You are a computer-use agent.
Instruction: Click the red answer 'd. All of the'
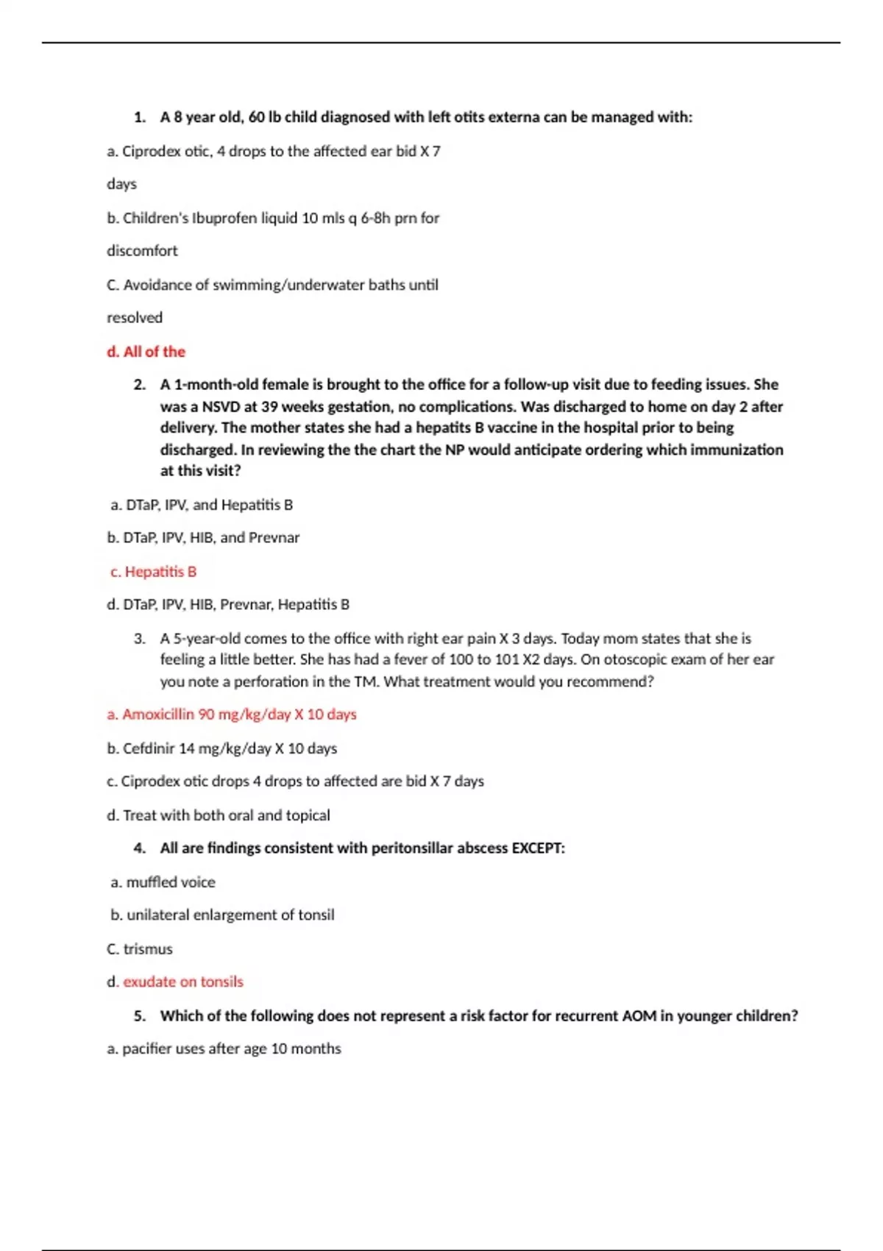[x=146, y=352]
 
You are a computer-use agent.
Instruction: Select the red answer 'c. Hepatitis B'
[x=153, y=572]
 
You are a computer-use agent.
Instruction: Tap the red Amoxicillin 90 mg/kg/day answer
[x=232, y=715]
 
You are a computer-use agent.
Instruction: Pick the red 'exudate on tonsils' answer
[x=182, y=982]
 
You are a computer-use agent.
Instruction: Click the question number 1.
[x=140, y=117]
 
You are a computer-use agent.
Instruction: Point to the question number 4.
[x=140, y=848]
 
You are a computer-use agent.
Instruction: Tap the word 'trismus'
[x=148, y=949]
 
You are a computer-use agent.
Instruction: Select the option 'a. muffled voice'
[x=163, y=882]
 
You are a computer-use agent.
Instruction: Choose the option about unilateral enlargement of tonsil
[x=222, y=915]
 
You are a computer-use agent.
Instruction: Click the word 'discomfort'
[x=142, y=251]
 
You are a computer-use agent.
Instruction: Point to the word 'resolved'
[x=135, y=318]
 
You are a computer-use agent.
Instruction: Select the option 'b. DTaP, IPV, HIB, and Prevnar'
[x=203, y=538]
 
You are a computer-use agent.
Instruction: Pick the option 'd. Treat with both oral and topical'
[x=219, y=815]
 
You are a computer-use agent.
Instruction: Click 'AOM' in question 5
[x=639, y=1016]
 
